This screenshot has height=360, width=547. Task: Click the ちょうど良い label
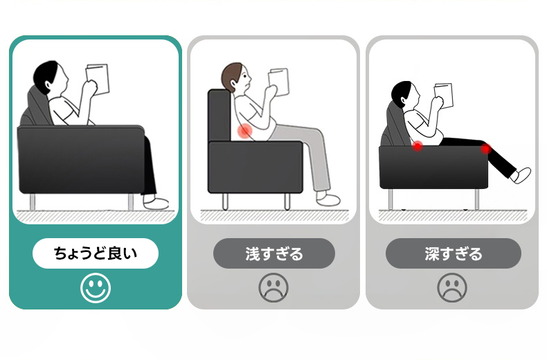[x=96, y=253]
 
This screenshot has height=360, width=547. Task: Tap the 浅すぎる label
[x=274, y=253]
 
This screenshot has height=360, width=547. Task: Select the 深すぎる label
[x=453, y=253]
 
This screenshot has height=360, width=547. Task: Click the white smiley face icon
[x=96, y=288]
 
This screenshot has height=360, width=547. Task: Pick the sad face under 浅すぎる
[x=273, y=288]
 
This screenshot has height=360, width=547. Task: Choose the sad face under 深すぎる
[x=452, y=288]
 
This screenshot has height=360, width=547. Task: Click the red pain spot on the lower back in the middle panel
[x=245, y=131]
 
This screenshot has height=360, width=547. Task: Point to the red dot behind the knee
[x=485, y=149]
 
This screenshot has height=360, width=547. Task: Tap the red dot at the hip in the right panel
[x=418, y=146]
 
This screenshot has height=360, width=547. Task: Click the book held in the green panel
[x=98, y=79]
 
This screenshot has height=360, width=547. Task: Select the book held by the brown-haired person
[x=279, y=82]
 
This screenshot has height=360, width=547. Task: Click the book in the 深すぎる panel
[x=443, y=95]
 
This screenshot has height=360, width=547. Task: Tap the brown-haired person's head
[x=236, y=78]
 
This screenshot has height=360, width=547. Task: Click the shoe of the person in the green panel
[x=156, y=202]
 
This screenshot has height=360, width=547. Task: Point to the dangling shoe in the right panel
[x=521, y=175]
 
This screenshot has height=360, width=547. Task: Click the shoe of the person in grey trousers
[x=328, y=199]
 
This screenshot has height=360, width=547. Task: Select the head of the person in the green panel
[x=51, y=78]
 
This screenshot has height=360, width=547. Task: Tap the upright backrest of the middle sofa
[x=219, y=115]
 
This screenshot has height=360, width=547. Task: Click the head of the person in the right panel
[x=406, y=94]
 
